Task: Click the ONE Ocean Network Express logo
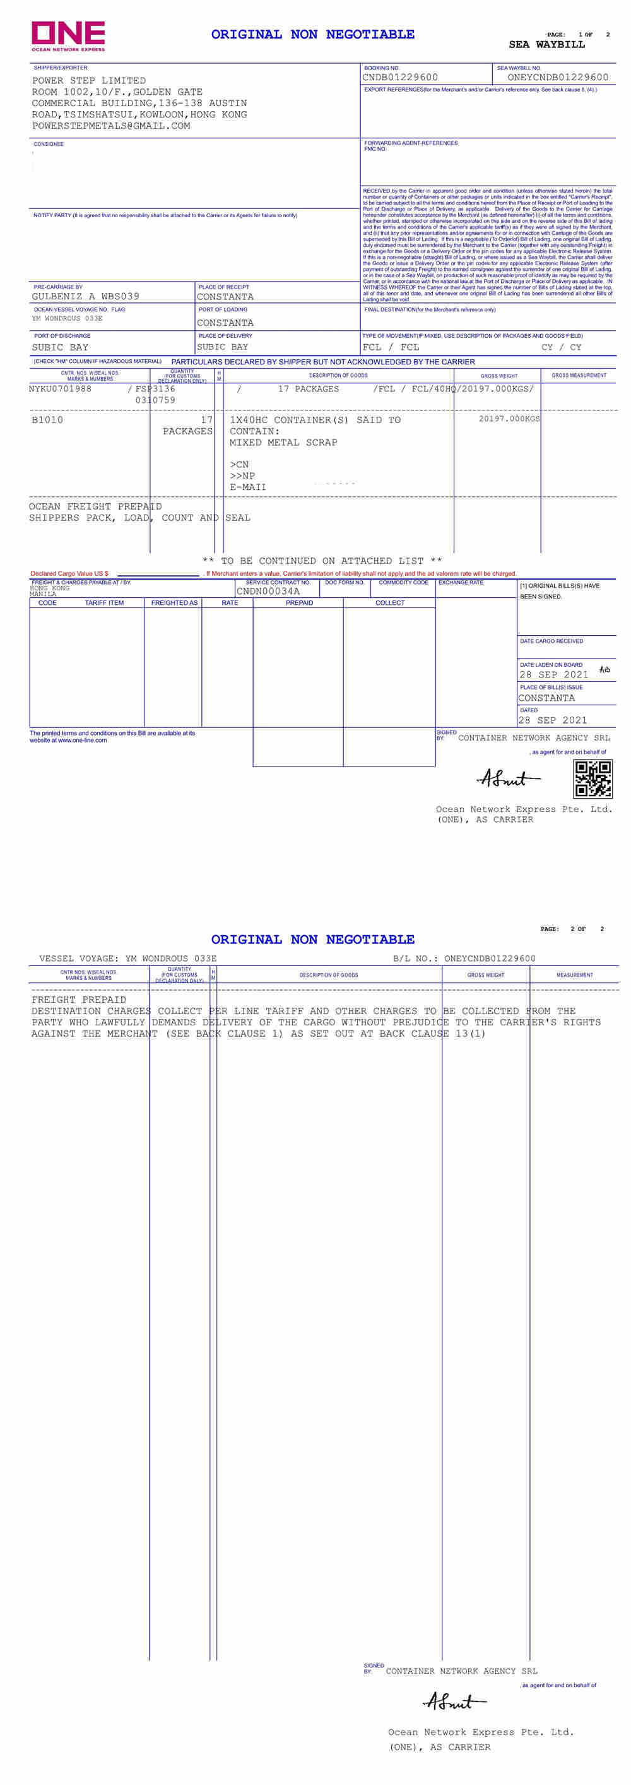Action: point(68,35)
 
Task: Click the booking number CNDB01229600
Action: point(399,78)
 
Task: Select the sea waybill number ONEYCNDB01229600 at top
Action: point(557,78)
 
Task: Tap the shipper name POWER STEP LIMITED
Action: point(89,81)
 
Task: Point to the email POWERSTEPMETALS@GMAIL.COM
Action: point(111,126)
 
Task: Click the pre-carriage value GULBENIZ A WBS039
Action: point(85,297)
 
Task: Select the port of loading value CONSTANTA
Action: point(225,323)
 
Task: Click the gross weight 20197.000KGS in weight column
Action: point(509,419)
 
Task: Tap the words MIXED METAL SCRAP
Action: point(283,443)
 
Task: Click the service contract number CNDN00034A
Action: point(268,592)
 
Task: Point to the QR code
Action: point(593,779)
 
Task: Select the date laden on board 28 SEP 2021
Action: point(553,675)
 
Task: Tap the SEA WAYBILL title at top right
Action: point(546,45)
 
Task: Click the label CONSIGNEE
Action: point(49,144)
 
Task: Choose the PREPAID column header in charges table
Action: point(299,603)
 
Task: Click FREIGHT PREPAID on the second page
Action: point(79,1000)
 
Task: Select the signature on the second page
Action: point(454,1702)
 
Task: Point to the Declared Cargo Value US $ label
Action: point(69,574)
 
